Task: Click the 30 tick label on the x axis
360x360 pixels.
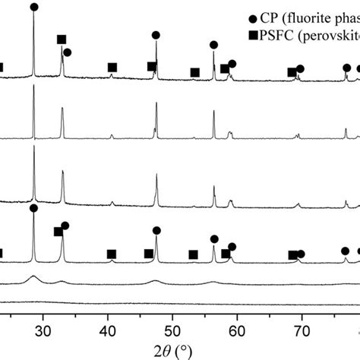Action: tap(43, 330)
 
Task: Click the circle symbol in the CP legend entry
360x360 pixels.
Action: tap(251, 16)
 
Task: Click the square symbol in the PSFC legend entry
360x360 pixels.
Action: tap(251, 33)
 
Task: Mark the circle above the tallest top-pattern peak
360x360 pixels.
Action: tap(33, 7)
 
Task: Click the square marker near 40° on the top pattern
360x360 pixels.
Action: tap(112, 68)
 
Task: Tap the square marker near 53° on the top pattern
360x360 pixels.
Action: tap(194, 72)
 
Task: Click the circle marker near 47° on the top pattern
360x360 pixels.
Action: tap(156, 35)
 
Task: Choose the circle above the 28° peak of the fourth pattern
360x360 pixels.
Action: tap(33, 208)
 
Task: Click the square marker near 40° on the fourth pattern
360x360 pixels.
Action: tap(111, 254)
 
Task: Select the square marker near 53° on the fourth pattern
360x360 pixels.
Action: tap(193, 254)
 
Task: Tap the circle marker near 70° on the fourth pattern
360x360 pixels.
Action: tap(302, 254)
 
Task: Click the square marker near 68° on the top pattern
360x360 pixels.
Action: tap(292, 72)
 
